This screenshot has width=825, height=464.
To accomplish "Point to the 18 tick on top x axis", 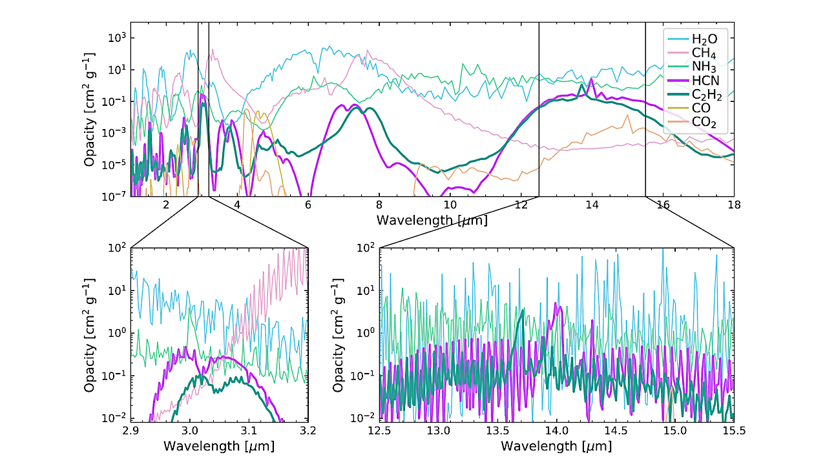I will [x=734, y=205].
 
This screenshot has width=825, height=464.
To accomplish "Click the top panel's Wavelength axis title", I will [x=432, y=220].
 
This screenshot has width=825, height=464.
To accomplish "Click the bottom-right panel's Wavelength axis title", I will [x=556, y=445].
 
